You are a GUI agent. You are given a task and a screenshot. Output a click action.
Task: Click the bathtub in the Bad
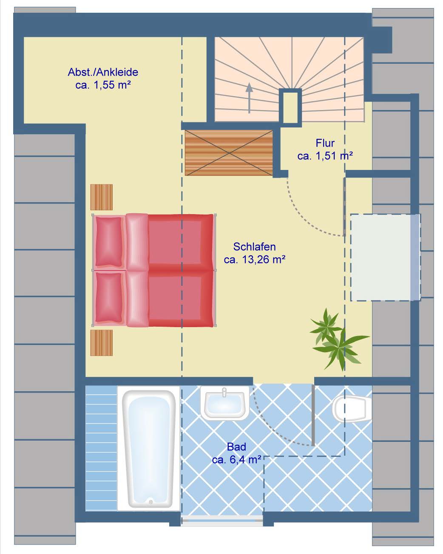[148, 448]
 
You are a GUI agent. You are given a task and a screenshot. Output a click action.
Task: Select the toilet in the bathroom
[352, 409]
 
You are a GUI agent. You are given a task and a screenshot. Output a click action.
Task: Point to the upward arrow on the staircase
[249, 98]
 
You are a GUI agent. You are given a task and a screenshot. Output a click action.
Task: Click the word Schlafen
[254, 247]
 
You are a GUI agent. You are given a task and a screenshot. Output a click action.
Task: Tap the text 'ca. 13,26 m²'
[254, 260]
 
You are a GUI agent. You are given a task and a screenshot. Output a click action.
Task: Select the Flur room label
[325, 143]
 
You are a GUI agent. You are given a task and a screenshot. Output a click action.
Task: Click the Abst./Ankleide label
[103, 72]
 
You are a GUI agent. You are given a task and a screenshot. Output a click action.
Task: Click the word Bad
[236, 447]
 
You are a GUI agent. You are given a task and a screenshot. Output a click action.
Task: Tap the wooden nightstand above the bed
[101, 197]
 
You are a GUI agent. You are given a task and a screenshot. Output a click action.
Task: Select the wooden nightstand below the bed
[101, 343]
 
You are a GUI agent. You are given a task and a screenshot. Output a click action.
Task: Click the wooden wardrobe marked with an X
[229, 153]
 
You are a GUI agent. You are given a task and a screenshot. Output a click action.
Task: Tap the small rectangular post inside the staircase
[290, 107]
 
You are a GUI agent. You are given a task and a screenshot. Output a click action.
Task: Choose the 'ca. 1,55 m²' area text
[103, 85]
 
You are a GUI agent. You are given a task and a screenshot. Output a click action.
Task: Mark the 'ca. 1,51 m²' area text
[325, 156]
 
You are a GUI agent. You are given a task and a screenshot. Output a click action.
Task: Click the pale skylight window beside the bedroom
[385, 257]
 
